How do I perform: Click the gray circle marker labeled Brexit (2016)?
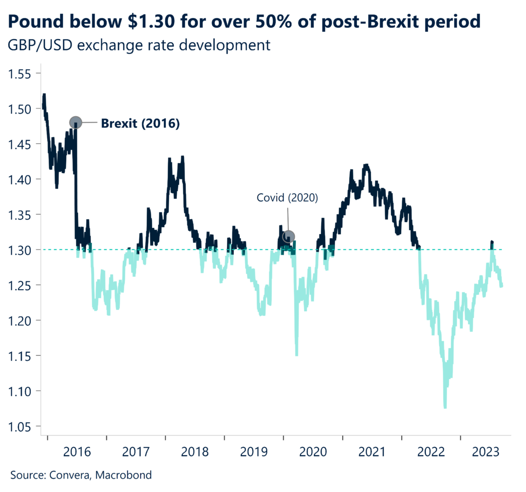(76, 123)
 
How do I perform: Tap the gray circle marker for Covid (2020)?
(289, 237)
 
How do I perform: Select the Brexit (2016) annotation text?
(140, 123)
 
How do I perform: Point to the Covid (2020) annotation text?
(288, 198)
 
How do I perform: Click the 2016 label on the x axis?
(77, 452)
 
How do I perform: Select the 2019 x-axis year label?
(254, 452)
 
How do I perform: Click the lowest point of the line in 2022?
(445, 407)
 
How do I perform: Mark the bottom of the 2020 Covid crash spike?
(296, 354)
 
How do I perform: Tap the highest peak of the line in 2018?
(182, 158)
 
